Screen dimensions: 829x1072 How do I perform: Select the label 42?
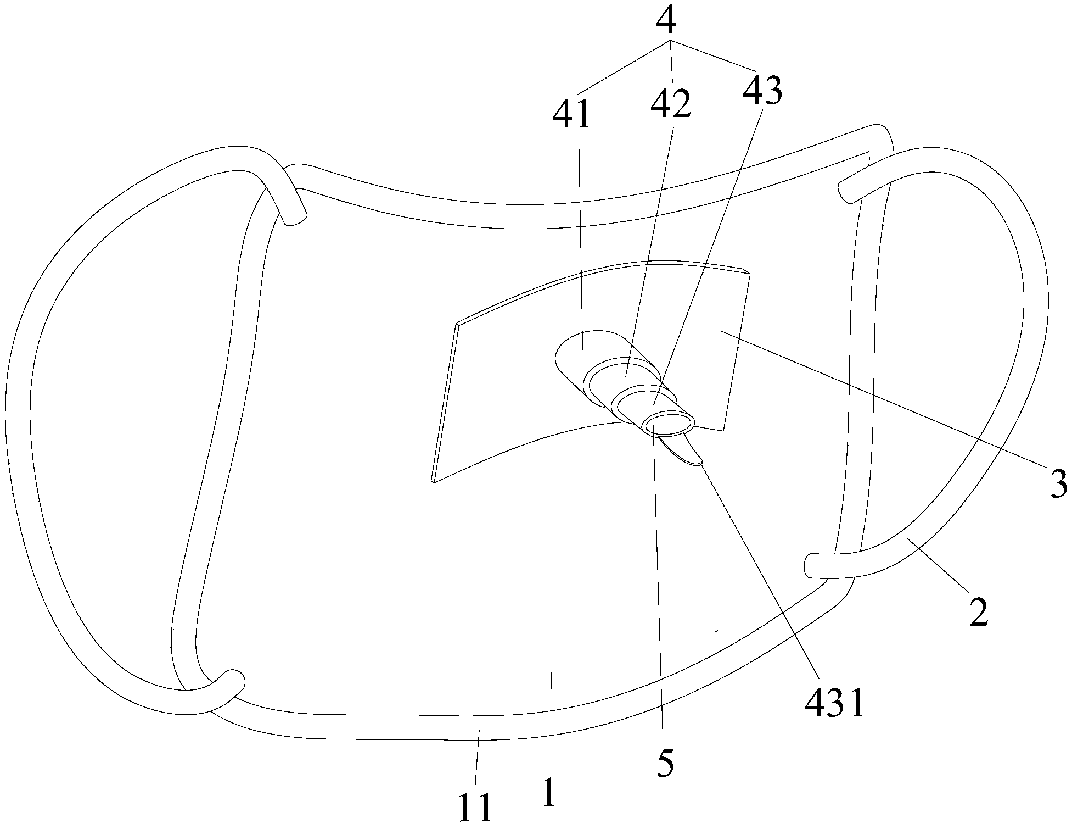(670, 104)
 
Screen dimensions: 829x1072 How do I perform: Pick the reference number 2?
(978, 612)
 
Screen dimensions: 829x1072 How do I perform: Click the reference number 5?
(665, 761)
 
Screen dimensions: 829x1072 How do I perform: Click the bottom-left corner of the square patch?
(434, 481)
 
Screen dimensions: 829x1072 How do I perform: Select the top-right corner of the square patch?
(748, 272)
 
